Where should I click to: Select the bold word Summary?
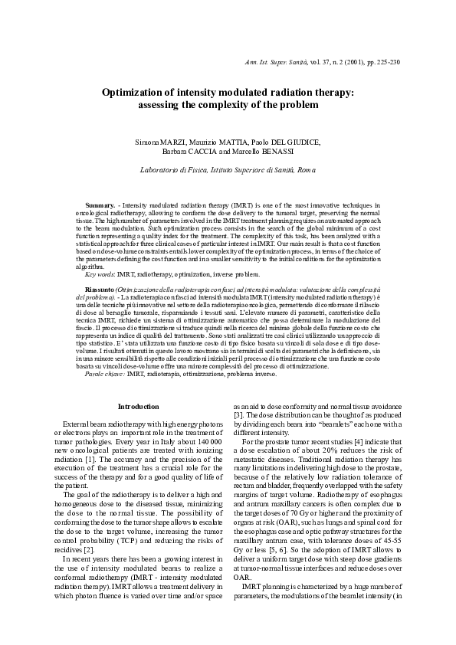pos(100,205)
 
